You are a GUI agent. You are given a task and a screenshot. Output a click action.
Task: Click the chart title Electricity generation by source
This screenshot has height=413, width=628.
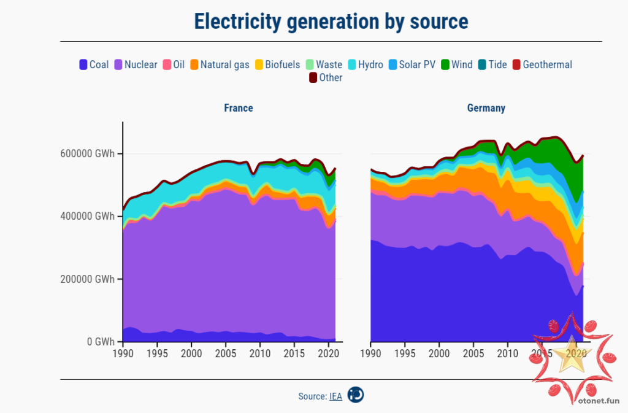[x=331, y=21]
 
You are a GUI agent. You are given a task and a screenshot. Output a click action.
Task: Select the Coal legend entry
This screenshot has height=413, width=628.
[x=94, y=64]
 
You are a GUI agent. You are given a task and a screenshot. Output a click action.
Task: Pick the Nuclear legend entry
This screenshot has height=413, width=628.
[x=136, y=64]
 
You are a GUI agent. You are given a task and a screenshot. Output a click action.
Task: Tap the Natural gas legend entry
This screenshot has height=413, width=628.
[x=220, y=64]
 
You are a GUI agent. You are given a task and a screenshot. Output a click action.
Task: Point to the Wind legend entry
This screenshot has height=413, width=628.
[x=456, y=64]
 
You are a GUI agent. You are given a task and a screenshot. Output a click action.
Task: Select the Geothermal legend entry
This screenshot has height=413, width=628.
[x=542, y=64]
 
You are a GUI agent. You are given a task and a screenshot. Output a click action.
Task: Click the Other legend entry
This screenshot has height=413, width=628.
[x=326, y=78]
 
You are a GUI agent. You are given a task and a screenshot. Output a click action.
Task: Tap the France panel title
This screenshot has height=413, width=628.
[x=239, y=108]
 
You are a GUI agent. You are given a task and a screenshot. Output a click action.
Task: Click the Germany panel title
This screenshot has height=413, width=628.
[x=486, y=108]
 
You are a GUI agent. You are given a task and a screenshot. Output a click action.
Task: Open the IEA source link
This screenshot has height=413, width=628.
[x=335, y=396]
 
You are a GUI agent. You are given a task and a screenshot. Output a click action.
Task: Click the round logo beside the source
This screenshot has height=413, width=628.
[x=356, y=395]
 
